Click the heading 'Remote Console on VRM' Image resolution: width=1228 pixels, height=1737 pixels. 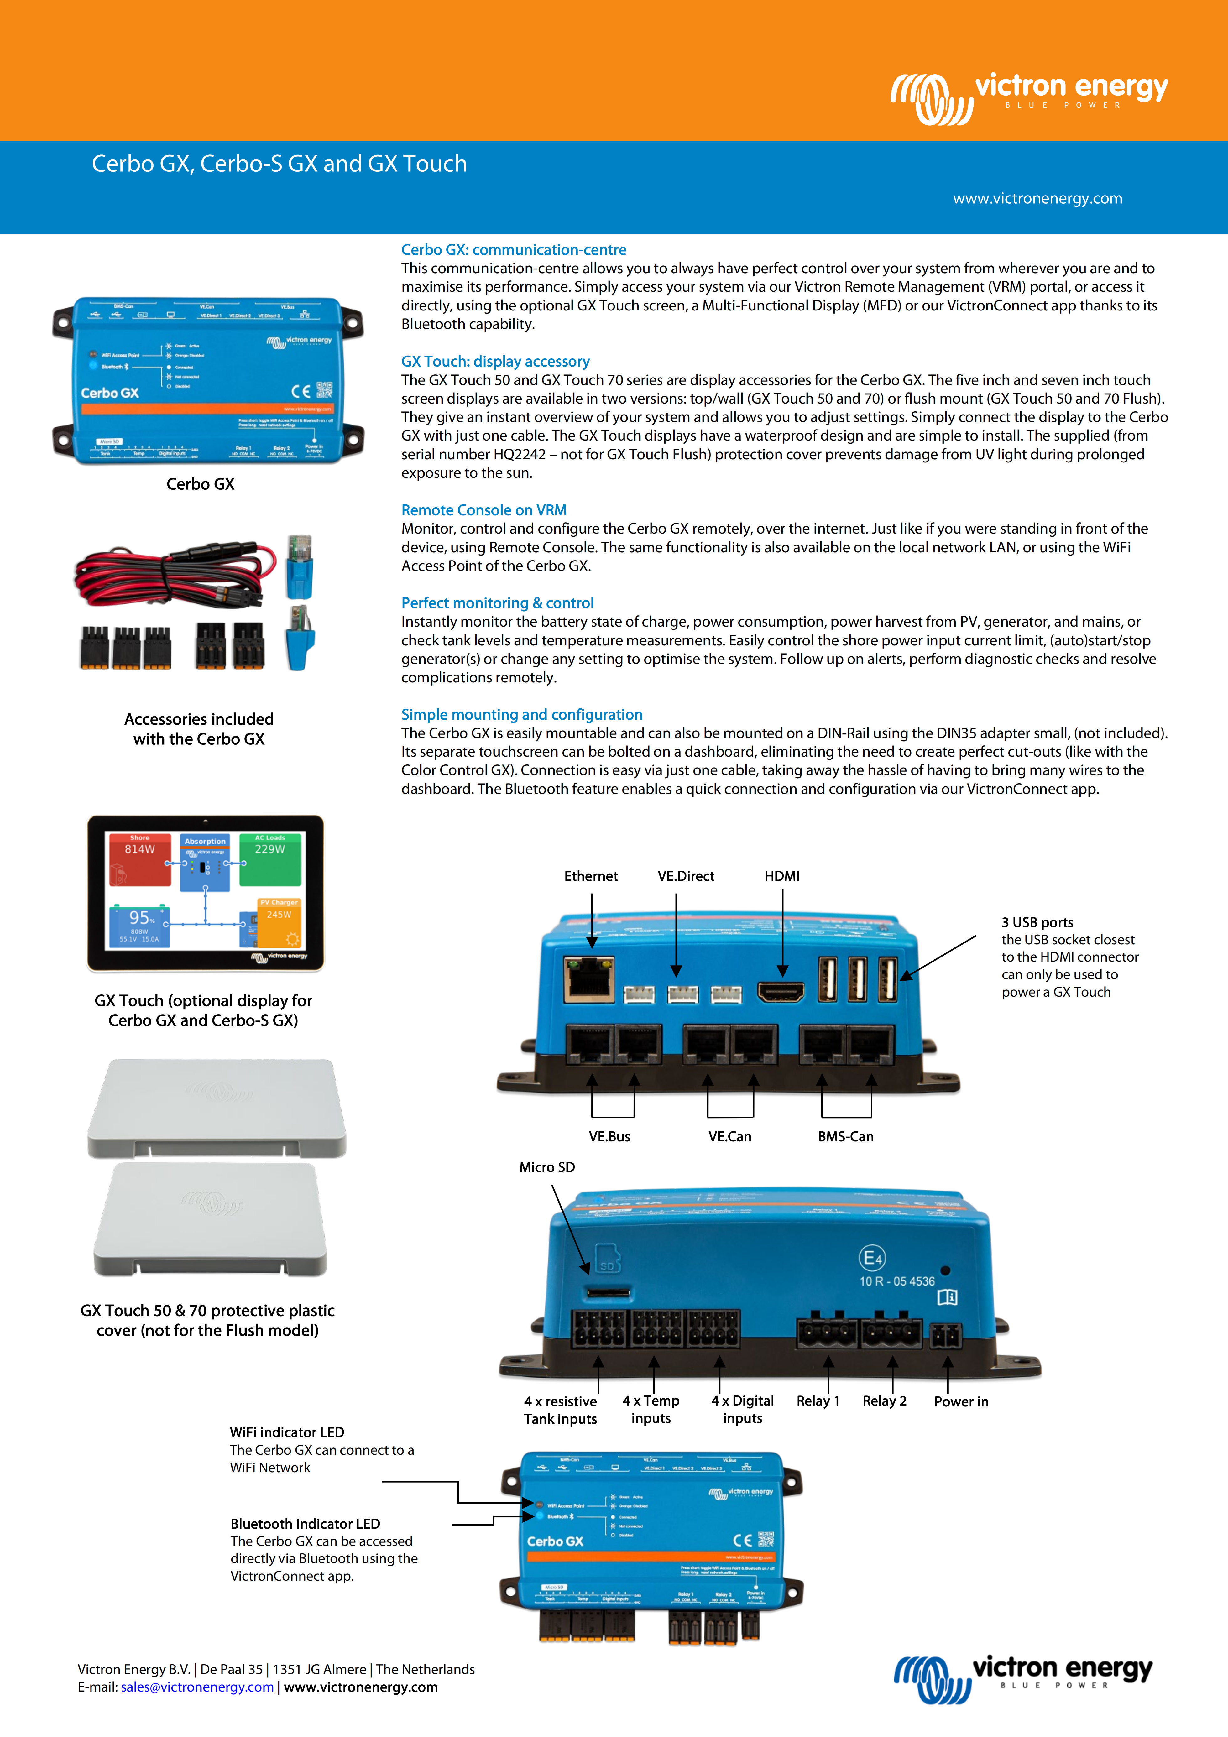click(483, 510)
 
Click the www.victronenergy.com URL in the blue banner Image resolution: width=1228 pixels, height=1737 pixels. click(1037, 198)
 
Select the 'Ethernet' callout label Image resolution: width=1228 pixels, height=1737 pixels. click(591, 876)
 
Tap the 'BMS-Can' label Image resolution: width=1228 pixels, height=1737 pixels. click(845, 1136)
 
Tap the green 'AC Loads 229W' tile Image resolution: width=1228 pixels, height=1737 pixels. click(270, 859)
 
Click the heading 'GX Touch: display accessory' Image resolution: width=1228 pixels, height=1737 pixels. click(495, 362)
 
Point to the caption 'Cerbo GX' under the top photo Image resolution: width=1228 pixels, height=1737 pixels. click(201, 484)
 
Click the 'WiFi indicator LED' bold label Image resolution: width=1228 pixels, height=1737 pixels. click(287, 1432)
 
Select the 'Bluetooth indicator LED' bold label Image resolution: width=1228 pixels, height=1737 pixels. click(305, 1524)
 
